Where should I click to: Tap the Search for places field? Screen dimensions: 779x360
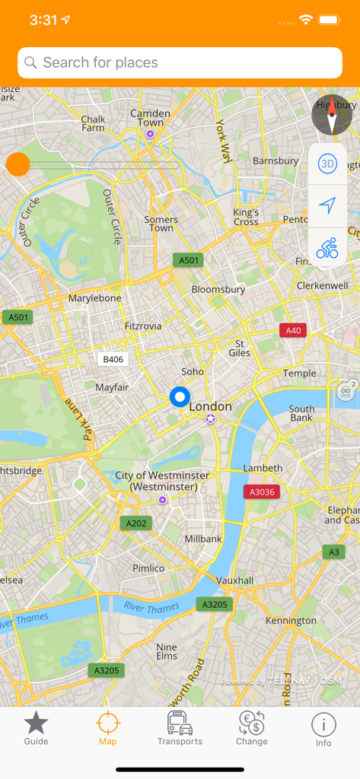click(180, 63)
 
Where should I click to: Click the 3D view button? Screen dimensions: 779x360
click(327, 164)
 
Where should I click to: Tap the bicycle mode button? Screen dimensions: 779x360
click(327, 248)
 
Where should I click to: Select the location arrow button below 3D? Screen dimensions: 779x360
click(327, 206)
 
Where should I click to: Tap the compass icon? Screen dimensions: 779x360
click(332, 116)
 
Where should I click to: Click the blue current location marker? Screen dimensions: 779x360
click(180, 397)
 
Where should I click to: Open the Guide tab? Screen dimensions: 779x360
click(36, 729)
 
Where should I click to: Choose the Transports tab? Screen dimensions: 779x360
click(180, 729)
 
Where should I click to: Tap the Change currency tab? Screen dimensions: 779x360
click(251, 729)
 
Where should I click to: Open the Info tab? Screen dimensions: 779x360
click(323, 729)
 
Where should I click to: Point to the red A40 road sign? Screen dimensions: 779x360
click(293, 330)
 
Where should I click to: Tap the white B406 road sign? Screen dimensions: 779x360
click(113, 359)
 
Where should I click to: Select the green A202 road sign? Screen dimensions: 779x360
click(135, 523)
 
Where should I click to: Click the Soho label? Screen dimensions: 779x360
click(193, 372)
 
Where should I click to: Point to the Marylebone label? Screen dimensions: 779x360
click(95, 298)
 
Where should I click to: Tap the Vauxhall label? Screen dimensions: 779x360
click(234, 580)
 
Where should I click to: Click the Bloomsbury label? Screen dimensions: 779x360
click(218, 290)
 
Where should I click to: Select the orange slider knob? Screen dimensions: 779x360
click(18, 164)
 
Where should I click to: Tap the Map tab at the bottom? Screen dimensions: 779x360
click(108, 729)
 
